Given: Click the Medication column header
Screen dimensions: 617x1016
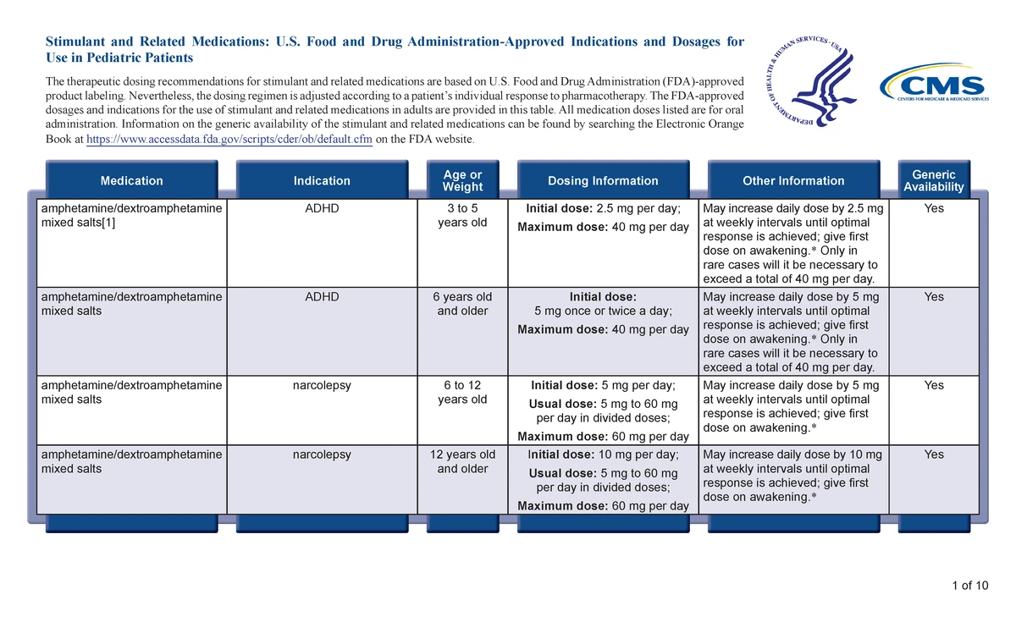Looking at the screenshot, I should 131,180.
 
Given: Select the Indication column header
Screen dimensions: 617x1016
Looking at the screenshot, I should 322,180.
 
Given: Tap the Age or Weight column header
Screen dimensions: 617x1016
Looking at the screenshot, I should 462,180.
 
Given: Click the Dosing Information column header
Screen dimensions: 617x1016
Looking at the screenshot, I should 602,180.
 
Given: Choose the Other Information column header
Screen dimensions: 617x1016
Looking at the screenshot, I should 793,180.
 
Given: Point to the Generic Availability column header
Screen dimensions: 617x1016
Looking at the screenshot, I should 933,180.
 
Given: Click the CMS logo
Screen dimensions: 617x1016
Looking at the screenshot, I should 934,87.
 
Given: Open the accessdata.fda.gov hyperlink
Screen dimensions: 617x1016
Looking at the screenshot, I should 229,140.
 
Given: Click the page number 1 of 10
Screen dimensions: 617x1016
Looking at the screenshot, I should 969,586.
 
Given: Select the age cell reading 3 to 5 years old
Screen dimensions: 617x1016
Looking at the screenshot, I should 462,215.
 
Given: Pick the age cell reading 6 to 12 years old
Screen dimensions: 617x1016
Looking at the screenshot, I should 462,392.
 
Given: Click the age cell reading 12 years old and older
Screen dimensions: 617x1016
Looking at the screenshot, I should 462,461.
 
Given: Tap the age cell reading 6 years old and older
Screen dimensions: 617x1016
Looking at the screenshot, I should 462,304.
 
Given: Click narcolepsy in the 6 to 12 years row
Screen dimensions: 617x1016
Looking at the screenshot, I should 322,385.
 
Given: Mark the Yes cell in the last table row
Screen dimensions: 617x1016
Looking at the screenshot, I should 933,454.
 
